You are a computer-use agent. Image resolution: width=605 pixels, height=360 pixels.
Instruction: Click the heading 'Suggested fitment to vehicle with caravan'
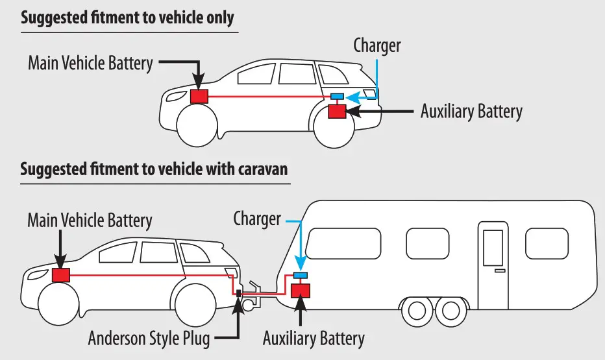pyautogui.click(x=154, y=170)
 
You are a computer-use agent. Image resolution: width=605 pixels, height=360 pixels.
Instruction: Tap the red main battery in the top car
pyautogui.click(x=199, y=97)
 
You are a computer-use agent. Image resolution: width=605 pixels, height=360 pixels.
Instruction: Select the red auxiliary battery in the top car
pyautogui.click(x=337, y=111)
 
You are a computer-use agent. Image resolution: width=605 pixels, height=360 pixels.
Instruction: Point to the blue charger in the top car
pyautogui.click(x=338, y=97)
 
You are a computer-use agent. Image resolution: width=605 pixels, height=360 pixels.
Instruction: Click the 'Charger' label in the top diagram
pyautogui.click(x=377, y=45)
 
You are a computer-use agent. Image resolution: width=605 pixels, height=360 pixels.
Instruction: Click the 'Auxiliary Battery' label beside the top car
pyautogui.click(x=471, y=111)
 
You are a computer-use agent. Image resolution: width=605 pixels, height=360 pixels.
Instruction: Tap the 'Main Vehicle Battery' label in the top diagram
pyautogui.click(x=90, y=63)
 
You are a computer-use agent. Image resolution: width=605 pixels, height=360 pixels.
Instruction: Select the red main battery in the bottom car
pyautogui.click(x=60, y=275)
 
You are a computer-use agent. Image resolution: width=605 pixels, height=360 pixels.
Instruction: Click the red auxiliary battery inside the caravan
pyautogui.click(x=301, y=289)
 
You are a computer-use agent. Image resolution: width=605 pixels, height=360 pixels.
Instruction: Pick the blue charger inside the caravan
pyautogui.click(x=301, y=276)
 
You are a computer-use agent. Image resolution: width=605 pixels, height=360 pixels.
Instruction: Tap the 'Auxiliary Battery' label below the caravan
pyautogui.click(x=314, y=338)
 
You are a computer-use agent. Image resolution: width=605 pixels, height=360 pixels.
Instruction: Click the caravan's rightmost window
pyautogui.click(x=547, y=243)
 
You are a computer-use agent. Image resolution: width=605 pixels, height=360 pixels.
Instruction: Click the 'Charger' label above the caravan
pyautogui.click(x=257, y=218)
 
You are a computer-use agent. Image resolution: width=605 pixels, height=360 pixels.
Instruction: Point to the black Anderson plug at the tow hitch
pyautogui.click(x=239, y=294)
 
